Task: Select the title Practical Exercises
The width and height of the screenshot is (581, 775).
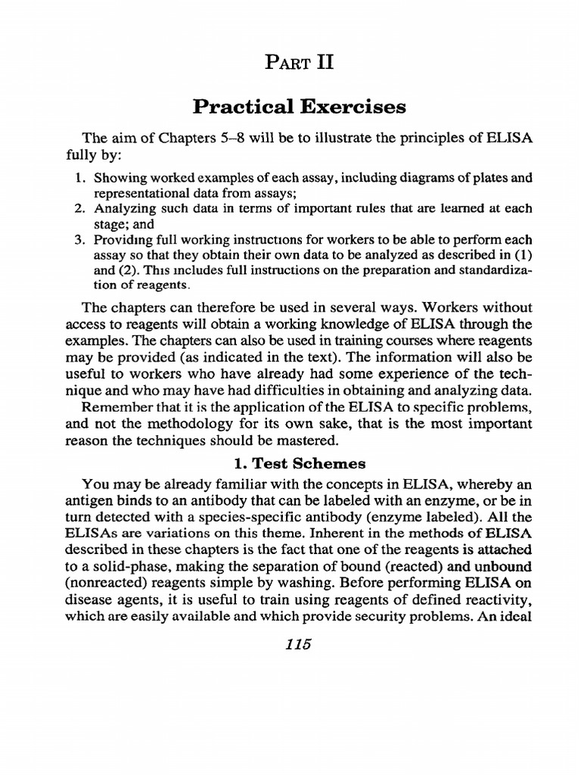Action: tap(299, 107)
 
